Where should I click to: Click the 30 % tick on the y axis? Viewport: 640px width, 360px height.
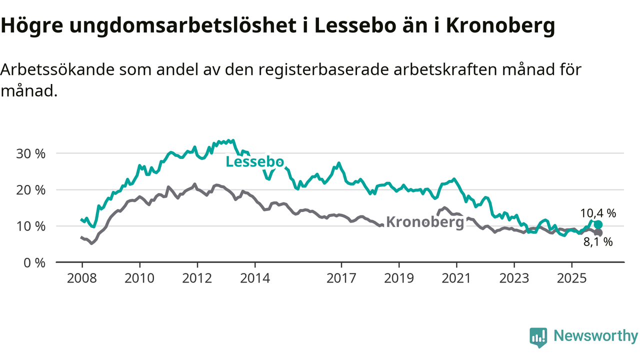(31, 153)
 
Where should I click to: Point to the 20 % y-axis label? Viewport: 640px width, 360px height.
(31, 190)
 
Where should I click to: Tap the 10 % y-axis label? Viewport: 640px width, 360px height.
(31, 226)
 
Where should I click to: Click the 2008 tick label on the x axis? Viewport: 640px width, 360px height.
(82, 278)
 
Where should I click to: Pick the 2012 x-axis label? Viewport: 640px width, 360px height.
(197, 278)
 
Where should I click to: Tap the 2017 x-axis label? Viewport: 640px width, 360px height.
(341, 278)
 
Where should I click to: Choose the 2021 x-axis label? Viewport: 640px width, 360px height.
(456, 278)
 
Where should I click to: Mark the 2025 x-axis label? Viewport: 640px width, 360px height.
(572, 278)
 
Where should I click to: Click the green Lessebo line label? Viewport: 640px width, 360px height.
(255, 162)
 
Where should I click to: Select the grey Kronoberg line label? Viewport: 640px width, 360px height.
(425, 222)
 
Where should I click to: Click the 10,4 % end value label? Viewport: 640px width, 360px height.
(598, 213)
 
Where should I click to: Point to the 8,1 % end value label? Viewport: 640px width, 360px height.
(598, 242)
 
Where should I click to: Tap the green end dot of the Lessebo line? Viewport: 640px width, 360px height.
(598, 224)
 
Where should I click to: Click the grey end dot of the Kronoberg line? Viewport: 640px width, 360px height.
(598, 232)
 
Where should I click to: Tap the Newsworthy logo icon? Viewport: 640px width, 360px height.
(538, 337)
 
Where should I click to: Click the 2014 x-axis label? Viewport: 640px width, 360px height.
(255, 278)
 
